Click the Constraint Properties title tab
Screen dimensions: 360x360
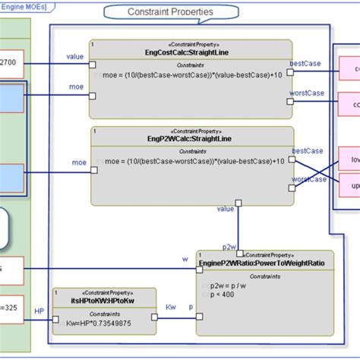pyautogui.click(x=170, y=12)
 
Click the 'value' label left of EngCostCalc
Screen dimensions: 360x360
pyautogui.click(x=75, y=55)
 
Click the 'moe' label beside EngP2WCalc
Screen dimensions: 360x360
pyautogui.click(x=78, y=162)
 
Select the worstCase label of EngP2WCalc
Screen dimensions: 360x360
pyautogui.click(x=309, y=179)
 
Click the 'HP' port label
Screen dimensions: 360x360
pyautogui.click(x=40, y=311)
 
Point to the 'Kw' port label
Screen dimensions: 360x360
pyautogui.click(x=171, y=308)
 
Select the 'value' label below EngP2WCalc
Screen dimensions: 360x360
pyautogui.click(x=226, y=208)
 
